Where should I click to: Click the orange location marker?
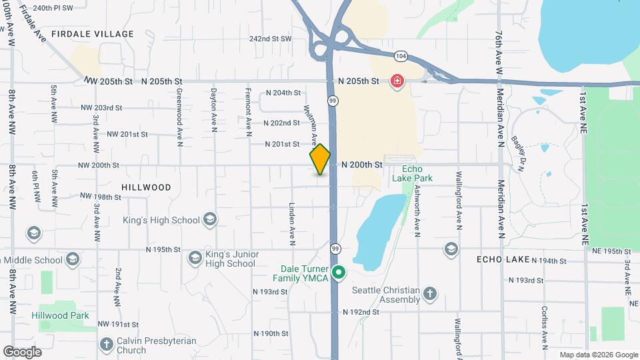point(320,159)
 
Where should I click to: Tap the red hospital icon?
point(397,81)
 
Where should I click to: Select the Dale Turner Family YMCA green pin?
point(339,272)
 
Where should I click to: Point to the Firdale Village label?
point(93,34)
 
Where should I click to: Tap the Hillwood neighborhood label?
point(146,187)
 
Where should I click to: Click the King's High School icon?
point(210,219)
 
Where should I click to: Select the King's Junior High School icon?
point(195,258)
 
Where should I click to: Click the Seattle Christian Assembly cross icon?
point(431,294)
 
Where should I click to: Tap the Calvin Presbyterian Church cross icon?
point(106,345)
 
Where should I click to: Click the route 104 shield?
point(400,56)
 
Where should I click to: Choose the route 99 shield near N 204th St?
point(332,101)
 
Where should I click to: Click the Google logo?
point(22,351)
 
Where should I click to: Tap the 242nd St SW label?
point(271,39)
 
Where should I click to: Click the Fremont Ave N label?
point(248,112)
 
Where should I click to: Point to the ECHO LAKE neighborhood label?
point(502,259)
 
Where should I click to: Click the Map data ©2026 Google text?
point(598,355)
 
